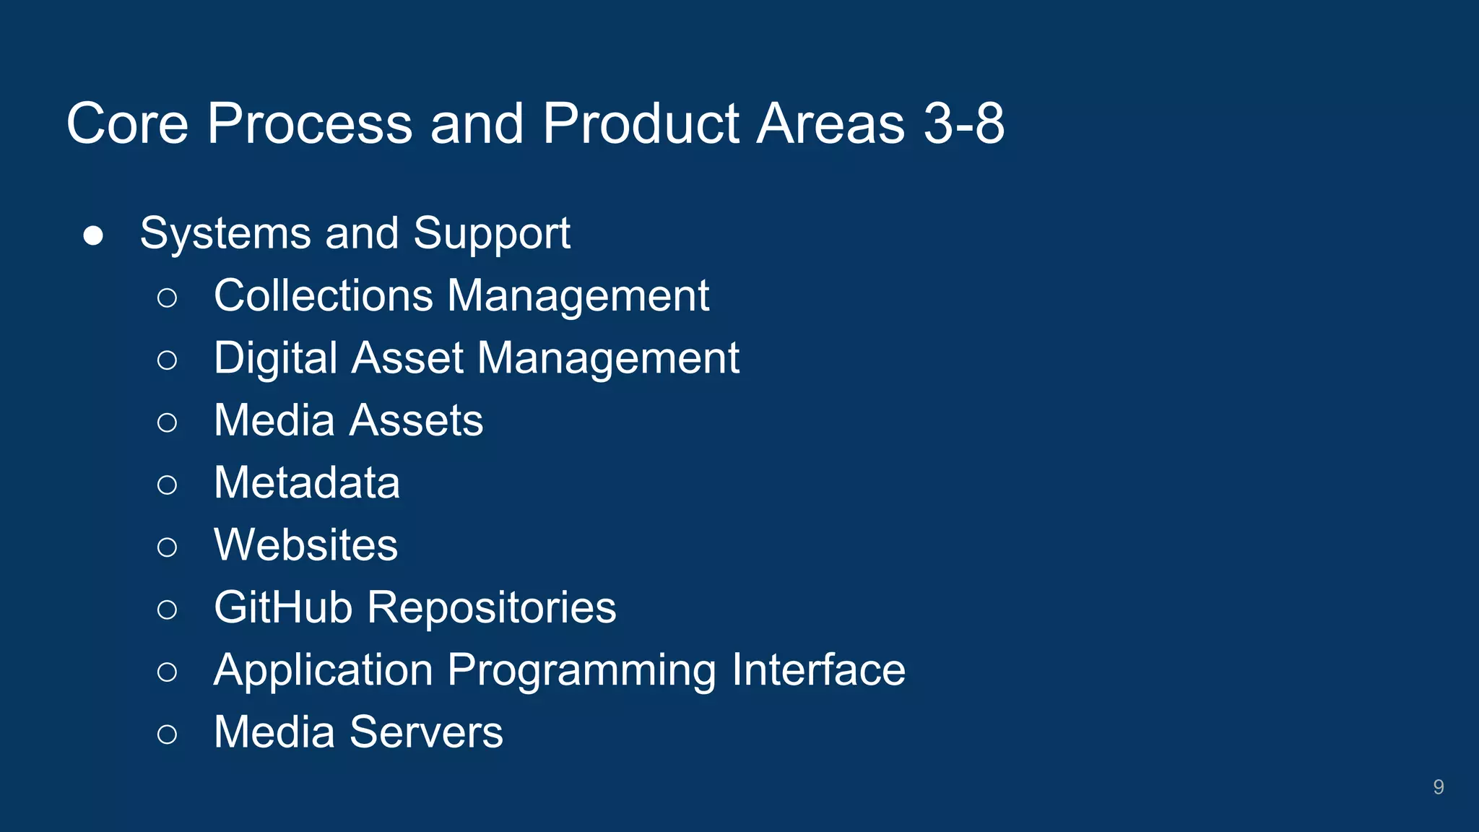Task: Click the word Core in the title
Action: [128, 123]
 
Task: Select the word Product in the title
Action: [641, 123]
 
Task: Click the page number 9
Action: [1438, 786]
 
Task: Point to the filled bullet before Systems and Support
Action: [93, 235]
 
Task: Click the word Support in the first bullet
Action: [492, 234]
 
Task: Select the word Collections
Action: [323, 295]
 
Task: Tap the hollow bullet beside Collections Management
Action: [167, 298]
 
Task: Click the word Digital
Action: [277, 358]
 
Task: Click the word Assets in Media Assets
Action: [416, 420]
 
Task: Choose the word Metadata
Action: [307, 482]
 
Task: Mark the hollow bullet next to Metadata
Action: [167, 485]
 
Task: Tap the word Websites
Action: [305, 545]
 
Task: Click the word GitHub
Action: [283, 607]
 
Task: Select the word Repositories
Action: [492, 607]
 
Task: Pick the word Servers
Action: [426, 732]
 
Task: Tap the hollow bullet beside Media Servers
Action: [167, 734]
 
